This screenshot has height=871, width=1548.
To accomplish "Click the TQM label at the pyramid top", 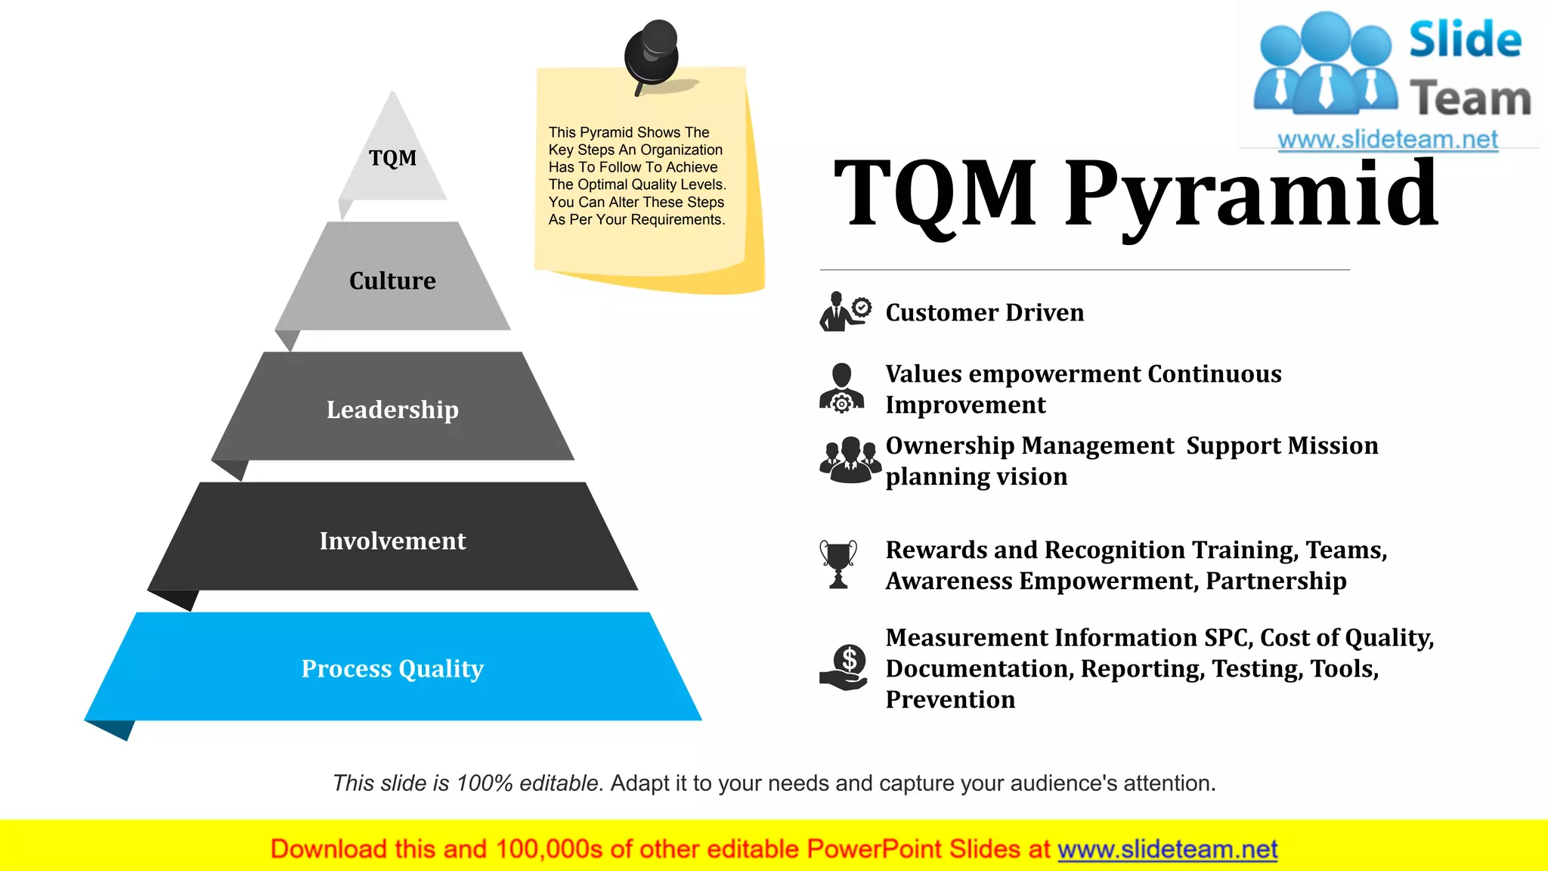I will coord(392,158).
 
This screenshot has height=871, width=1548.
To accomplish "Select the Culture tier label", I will coord(392,281).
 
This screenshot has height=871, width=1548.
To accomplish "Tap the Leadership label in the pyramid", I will coord(392,409).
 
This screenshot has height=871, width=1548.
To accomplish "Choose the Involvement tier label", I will coord(392,541).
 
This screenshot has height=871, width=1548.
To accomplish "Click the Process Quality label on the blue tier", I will coord(392,668).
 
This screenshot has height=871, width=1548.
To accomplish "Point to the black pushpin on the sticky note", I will coord(652,54).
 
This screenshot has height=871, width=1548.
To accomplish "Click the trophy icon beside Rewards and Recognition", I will coord(838,563).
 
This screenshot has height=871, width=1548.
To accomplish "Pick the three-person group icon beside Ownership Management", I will coord(850,459).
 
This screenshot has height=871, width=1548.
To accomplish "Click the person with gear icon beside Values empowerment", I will coord(841,389).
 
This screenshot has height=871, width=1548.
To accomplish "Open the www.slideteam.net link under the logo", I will coord(1387,140).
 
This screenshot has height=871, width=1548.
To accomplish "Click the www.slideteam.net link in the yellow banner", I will coord(1167,849).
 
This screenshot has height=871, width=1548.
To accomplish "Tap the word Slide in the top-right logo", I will coord(1465,40).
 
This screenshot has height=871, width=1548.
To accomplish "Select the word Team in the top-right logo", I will coord(1469,99).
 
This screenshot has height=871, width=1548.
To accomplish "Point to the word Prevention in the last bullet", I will coord(950,699).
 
